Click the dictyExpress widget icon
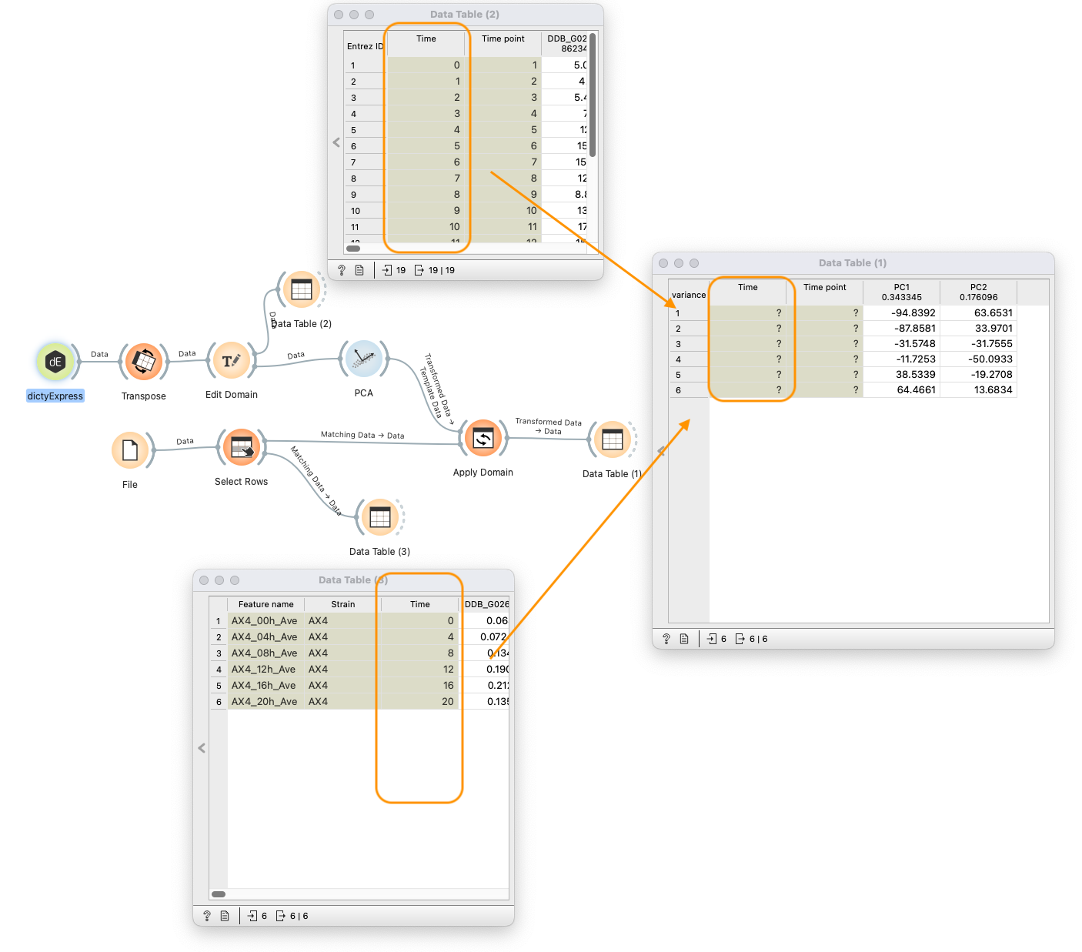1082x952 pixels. coord(55,362)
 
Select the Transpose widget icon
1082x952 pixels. coord(144,362)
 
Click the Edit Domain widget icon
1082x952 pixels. coord(231,360)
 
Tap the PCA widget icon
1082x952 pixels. coord(363,359)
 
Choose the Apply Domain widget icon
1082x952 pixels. coord(483,439)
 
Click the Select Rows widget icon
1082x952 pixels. coord(242,447)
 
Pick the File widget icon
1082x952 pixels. coord(130,450)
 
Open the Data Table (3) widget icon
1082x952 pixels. coord(380,517)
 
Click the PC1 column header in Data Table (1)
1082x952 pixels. coord(901,292)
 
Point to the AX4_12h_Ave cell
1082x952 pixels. coord(264,670)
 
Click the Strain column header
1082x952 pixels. coord(342,604)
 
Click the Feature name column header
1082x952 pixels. coord(265,604)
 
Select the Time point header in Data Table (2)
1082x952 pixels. coord(503,38)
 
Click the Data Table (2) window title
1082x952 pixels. coord(464,15)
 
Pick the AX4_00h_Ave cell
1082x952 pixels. coord(264,621)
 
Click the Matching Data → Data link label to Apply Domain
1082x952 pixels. coord(362,435)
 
